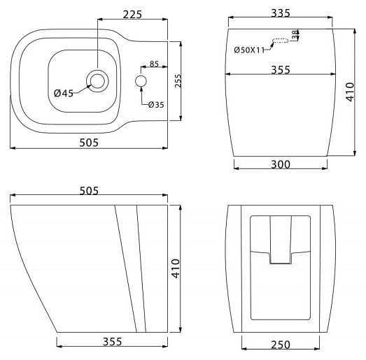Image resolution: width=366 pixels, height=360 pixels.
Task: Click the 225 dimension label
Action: (132, 15)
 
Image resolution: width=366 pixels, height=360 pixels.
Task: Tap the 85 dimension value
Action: (154, 64)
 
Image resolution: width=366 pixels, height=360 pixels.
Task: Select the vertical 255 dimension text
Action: (178, 80)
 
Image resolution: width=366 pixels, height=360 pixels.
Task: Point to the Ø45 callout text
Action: (64, 94)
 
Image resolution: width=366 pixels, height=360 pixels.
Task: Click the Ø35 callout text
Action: (156, 105)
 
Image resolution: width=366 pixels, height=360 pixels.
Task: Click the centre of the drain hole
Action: (97, 81)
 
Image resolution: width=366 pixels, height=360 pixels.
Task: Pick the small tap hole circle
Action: (141, 81)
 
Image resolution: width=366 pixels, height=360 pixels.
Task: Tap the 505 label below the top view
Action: (89, 143)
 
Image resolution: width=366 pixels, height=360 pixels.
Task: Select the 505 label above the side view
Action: (89, 191)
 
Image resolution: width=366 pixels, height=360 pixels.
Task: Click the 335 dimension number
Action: (281, 13)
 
